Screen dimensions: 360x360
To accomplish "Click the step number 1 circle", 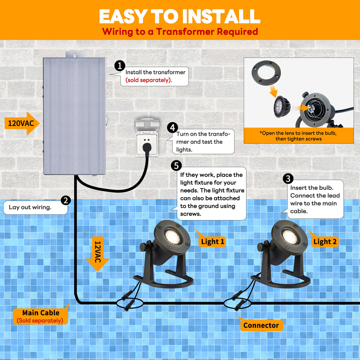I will tap(120, 66).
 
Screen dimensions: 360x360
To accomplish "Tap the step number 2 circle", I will tap(66, 200).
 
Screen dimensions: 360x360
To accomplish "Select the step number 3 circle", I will tap(288, 179).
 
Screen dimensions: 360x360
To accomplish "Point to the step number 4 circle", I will tap(172, 128).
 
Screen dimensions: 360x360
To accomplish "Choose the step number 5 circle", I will tap(176, 165).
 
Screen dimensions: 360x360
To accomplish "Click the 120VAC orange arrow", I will tap(21, 123).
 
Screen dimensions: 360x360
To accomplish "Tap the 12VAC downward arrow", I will tap(97, 253).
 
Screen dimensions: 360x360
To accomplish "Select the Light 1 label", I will tap(212, 242).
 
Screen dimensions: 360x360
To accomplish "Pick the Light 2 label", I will tap(324, 242).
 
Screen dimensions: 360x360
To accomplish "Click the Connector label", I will tap(261, 326).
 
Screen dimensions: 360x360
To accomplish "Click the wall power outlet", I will tap(147, 137).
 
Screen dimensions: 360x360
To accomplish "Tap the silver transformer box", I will tap(74, 116).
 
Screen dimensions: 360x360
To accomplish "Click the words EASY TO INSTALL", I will tap(180, 16).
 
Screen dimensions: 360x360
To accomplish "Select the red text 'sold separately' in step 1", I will tap(149, 80).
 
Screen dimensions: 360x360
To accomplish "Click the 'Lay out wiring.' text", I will tap(30, 207).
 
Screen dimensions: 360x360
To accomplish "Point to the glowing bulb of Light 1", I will tap(171, 236).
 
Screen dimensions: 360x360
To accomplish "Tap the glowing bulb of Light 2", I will tap(289, 236).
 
